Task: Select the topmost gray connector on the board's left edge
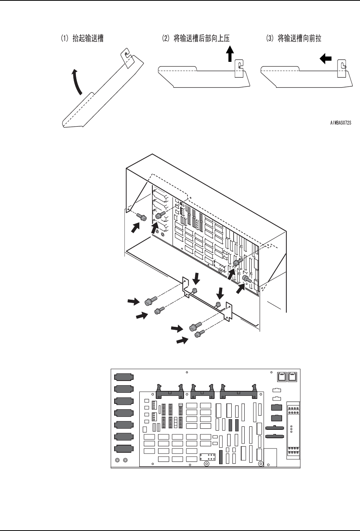coord(124,377)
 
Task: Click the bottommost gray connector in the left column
coord(124,448)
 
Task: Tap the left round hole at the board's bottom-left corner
coord(118,460)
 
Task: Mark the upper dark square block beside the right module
coord(276,408)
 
